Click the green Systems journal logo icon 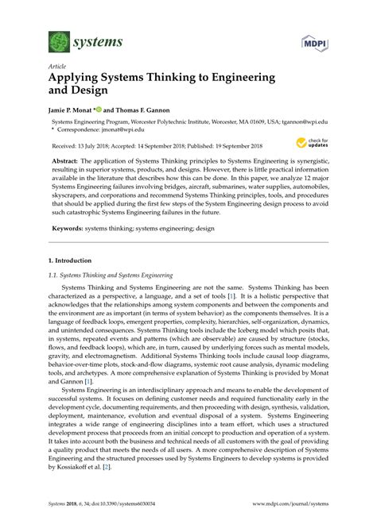coord(59,42)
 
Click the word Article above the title coord(56,67)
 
